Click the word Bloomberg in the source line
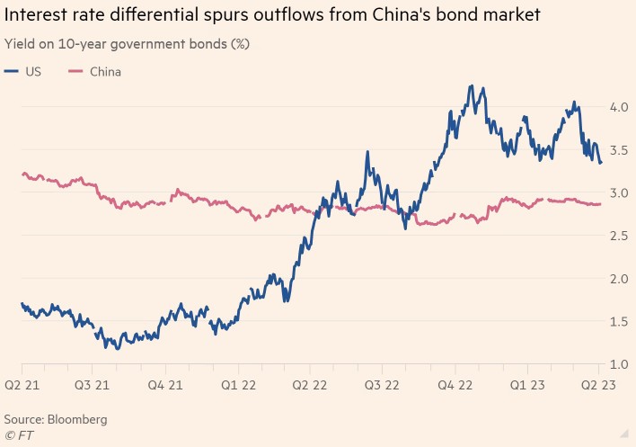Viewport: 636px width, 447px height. coord(76,419)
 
